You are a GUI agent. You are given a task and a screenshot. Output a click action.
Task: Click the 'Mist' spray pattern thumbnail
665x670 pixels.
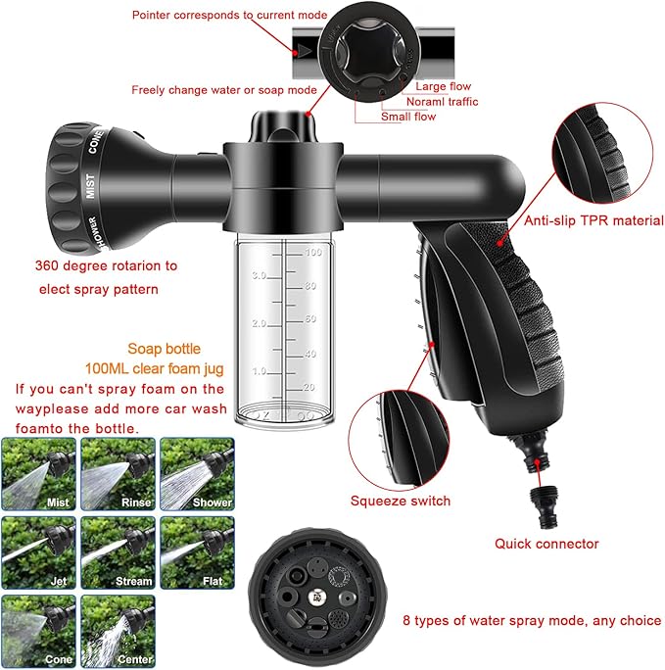tap(38, 474)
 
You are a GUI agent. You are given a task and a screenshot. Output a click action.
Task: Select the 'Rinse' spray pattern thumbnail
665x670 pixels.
tap(117, 474)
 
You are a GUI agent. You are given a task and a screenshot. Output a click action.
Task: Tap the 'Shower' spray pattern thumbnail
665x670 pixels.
tap(196, 474)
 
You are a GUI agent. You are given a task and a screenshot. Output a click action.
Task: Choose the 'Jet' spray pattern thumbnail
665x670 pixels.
tap(38, 552)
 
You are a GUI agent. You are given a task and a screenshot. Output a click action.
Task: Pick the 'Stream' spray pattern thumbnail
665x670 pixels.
tap(117, 552)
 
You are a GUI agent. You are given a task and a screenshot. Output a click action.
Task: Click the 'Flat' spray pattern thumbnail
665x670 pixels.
tap(196, 552)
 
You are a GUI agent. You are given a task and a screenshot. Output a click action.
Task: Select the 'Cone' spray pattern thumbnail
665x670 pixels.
tap(38, 631)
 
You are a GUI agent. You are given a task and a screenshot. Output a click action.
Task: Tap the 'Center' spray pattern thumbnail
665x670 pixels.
tap(117, 631)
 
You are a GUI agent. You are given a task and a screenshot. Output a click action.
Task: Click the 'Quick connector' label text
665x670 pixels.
tap(546, 544)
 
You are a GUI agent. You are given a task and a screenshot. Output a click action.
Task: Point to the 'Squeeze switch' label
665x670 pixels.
tap(401, 501)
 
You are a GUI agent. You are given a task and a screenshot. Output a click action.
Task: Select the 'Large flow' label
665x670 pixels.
tap(443, 87)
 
